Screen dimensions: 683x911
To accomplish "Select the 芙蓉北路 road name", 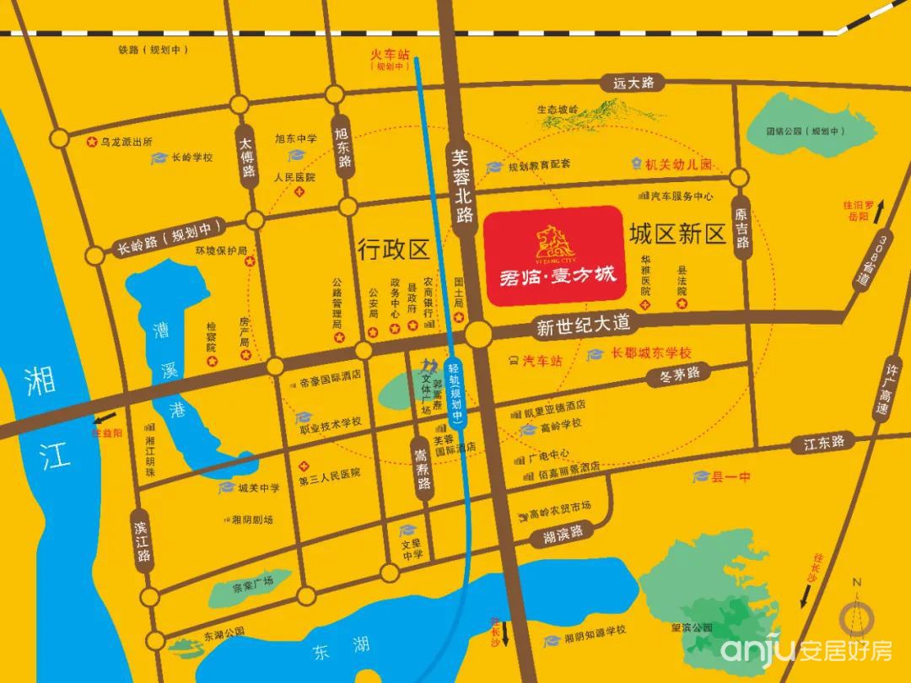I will pyautogui.click(x=460, y=186).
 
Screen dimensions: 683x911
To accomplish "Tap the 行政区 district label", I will pyautogui.click(x=393, y=248).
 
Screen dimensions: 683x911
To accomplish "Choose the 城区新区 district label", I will pyautogui.click(x=677, y=234).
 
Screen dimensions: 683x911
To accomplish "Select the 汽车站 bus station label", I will pyautogui.click(x=541, y=360).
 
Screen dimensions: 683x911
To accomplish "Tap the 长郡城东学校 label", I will pyautogui.click(x=650, y=353).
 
